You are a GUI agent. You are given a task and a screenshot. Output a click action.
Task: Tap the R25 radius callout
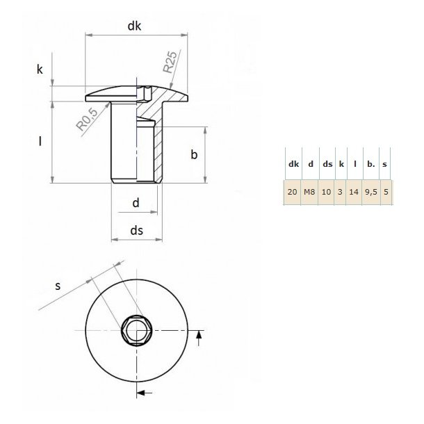pos(172,63)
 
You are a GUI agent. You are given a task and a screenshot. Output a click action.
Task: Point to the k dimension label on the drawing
pos(40,70)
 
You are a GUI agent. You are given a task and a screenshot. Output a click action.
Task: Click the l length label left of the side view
pos(40,142)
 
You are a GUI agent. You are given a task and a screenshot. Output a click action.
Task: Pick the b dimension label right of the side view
pos(195,155)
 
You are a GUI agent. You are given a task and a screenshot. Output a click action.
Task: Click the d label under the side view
pos(136,203)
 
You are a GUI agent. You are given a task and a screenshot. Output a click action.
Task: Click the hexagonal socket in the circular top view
pos(134,329)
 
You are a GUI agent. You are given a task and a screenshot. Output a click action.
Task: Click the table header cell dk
pos(293,164)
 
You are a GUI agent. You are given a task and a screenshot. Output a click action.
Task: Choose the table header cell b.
pos(371,164)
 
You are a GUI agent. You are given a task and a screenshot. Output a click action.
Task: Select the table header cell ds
pos(326,164)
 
